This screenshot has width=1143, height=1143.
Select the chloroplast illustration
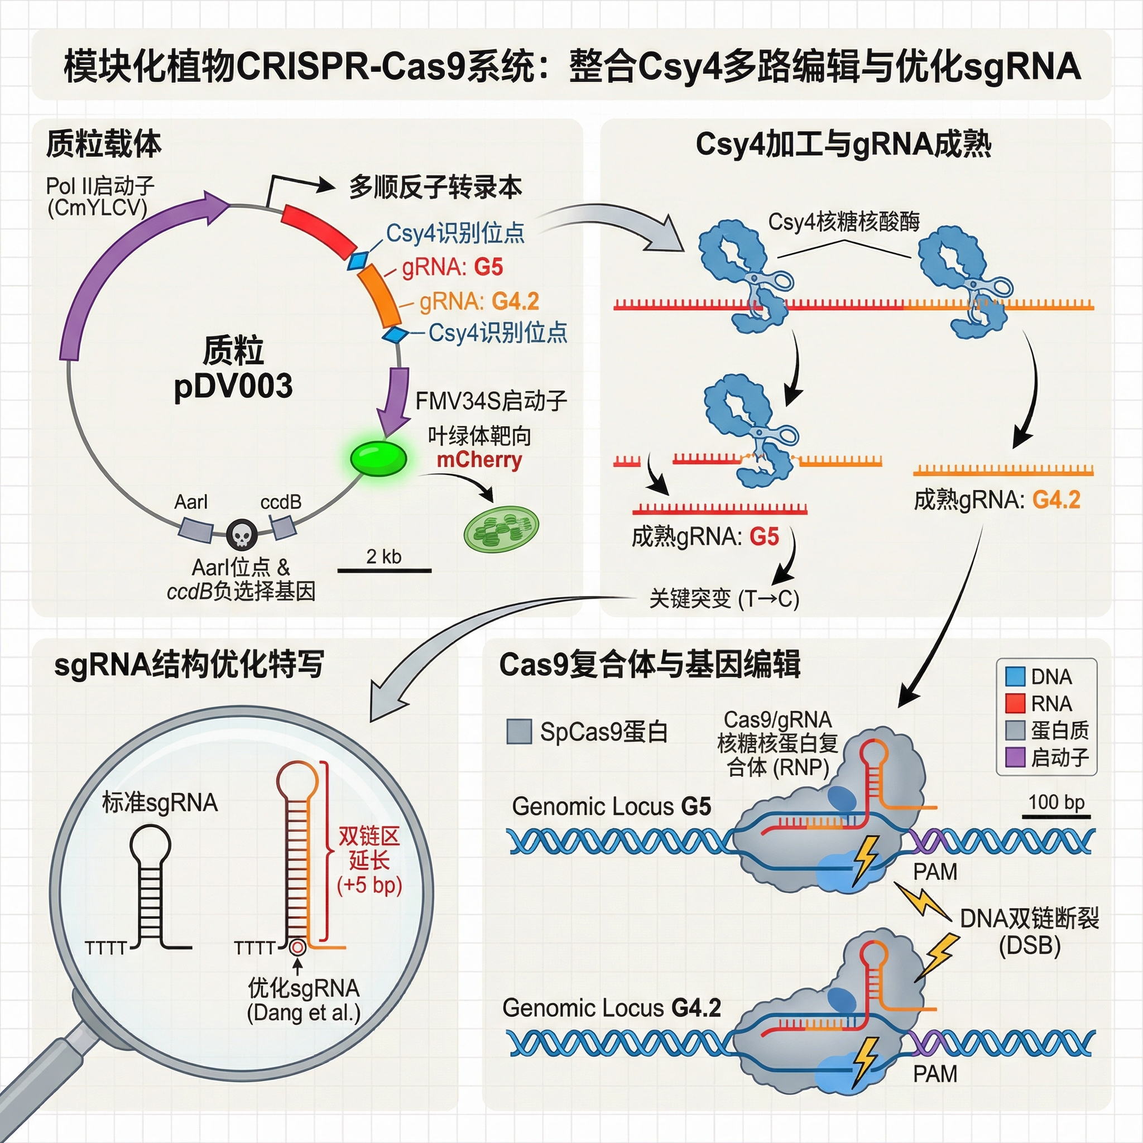coord(501,529)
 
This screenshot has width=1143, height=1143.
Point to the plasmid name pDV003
coord(233,386)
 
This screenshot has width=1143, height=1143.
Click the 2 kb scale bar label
coord(383,556)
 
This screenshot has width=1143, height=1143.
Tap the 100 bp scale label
coord(1056,802)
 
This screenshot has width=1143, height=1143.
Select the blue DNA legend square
coord(1015,676)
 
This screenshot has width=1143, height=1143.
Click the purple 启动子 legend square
coord(1015,757)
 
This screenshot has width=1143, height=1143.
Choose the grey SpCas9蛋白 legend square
coord(519,732)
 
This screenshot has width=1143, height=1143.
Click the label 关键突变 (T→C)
coord(724,599)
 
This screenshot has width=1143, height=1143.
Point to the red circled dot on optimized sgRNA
coord(297,947)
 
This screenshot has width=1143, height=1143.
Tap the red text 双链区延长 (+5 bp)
coord(369,860)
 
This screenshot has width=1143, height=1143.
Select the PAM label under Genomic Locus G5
coord(935,871)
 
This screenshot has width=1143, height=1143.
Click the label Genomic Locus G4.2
coord(612,1007)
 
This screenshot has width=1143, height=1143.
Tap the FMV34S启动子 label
coord(491,401)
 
